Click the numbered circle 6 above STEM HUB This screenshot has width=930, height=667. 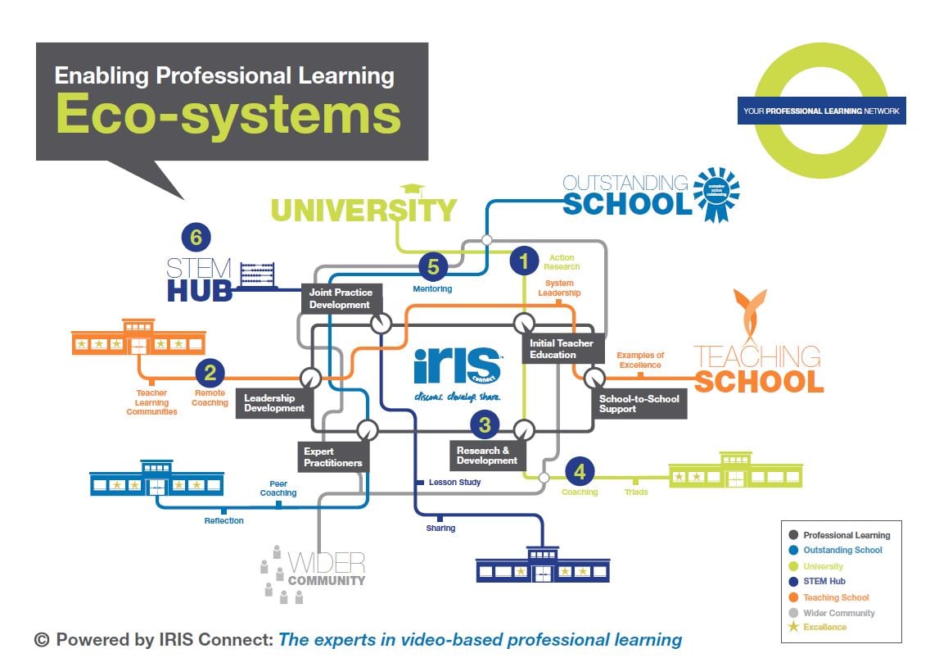[x=196, y=238]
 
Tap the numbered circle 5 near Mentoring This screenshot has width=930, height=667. [x=434, y=266]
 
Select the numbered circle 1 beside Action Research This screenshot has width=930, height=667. [x=524, y=261]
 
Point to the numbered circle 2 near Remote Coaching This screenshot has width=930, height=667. [x=210, y=374]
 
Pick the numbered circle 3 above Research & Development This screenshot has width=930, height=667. [x=485, y=424]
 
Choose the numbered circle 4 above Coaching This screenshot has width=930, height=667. [x=580, y=472]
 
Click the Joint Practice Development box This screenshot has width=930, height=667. [x=341, y=298]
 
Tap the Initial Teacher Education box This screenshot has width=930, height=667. [x=563, y=349]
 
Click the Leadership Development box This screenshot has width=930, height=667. [x=274, y=403]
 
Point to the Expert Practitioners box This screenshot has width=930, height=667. [x=332, y=457]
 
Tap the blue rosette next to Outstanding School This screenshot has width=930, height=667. [x=716, y=194]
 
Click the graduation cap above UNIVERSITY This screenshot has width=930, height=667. [x=411, y=190]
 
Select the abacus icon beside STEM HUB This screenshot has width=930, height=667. [x=256, y=276]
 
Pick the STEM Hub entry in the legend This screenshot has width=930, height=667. [x=824, y=581]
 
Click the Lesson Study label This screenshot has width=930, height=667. [x=454, y=483]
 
